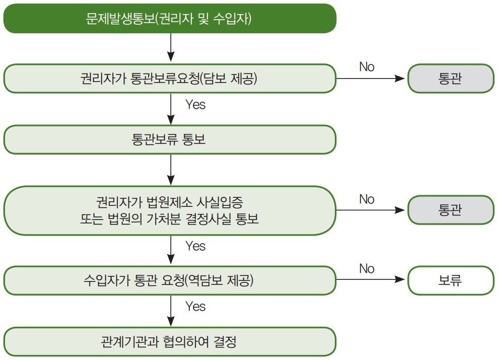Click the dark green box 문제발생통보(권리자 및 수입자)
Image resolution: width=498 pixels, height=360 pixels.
coord(170,19)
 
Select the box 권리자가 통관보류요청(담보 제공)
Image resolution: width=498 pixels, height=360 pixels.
coord(170,79)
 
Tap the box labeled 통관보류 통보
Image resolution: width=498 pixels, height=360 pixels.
coord(170,139)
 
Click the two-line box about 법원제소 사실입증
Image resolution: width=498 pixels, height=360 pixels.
coord(170,210)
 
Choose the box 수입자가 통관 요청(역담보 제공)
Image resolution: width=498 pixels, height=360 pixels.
coord(170,280)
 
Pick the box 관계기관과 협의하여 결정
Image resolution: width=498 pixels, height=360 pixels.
coord(170,341)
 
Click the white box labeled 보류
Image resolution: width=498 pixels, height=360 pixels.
coord(451,280)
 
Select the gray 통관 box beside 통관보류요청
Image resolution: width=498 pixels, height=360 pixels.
coord(451,79)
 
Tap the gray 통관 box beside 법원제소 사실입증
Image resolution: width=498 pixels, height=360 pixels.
coord(451,210)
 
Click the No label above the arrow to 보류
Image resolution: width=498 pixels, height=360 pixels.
coord(367,268)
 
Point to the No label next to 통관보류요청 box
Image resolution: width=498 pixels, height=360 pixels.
coord(367,66)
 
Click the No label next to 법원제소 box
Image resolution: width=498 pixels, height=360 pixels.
coord(367,199)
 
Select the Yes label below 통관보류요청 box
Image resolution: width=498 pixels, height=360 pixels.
coord(195,104)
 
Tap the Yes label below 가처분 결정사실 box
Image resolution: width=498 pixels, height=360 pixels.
coord(195,246)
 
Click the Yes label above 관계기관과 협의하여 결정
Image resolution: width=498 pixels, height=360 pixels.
coord(195,306)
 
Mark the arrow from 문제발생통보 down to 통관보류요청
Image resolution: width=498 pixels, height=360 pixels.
coord(171,47)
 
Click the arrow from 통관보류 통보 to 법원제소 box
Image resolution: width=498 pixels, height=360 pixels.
coord(171,170)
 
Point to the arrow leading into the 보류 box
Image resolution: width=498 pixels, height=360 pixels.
coord(371,279)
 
